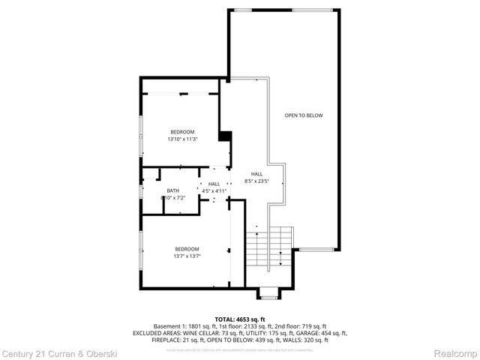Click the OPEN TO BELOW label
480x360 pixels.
click(304, 115)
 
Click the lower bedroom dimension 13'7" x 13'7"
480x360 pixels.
click(187, 256)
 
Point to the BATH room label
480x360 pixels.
click(173, 190)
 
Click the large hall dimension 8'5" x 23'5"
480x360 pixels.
click(257, 181)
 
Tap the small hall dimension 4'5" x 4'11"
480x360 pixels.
click(214, 191)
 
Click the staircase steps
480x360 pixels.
click(268, 247)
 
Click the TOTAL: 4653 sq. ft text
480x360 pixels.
click(240, 319)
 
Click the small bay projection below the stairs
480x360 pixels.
click(268, 292)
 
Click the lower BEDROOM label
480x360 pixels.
click(187, 249)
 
